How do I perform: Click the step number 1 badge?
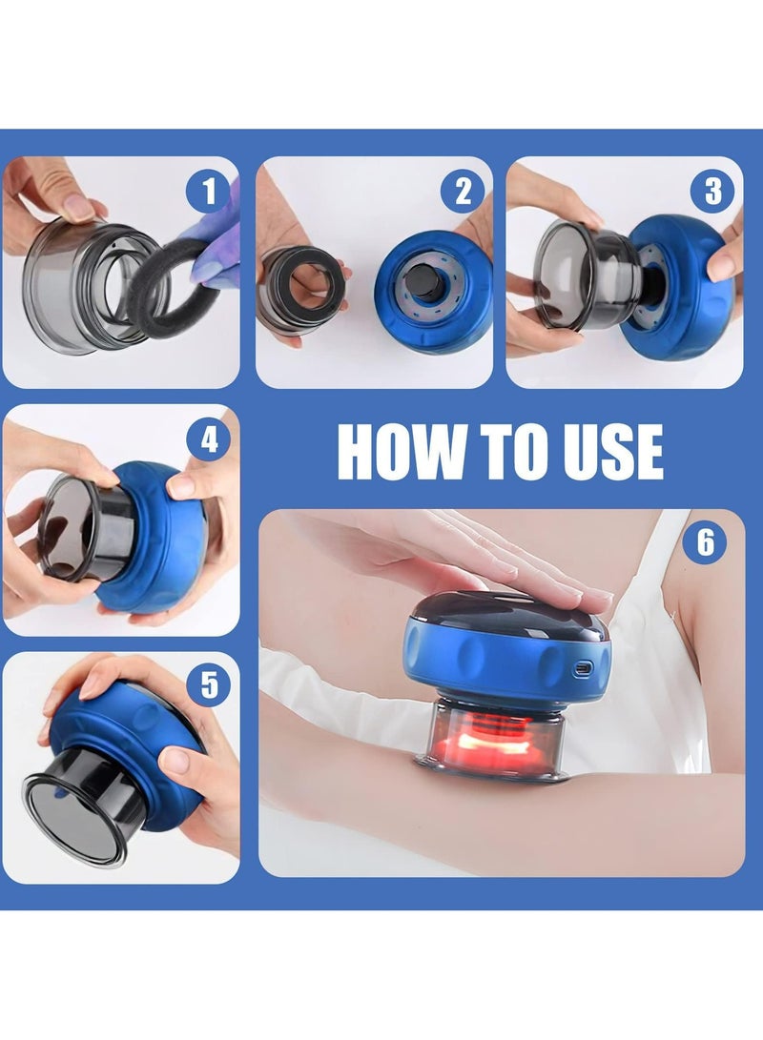208,192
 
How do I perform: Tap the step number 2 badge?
464,192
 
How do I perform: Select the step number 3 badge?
712,192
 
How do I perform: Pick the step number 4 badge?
208,439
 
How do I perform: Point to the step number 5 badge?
208,685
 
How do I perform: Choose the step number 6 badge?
706,542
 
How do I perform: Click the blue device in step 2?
433,292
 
